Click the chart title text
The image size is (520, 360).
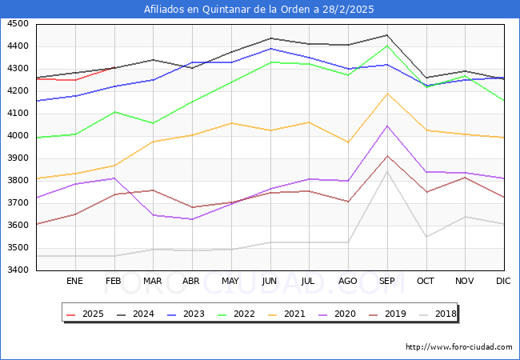pos(259,10)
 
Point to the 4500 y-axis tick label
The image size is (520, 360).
pos(18,24)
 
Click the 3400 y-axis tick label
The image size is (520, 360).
pos(18,270)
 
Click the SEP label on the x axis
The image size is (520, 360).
pos(387,281)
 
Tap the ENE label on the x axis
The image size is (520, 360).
pos(74,281)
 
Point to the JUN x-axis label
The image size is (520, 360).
pos(270,281)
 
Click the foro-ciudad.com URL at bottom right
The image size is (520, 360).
pos(458,347)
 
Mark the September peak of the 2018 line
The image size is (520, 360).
pos(387,171)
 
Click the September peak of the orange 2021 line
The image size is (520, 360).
pos(387,94)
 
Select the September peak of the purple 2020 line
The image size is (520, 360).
pos(387,126)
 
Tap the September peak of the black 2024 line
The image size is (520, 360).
pos(387,35)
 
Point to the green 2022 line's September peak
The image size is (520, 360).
pos(387,46)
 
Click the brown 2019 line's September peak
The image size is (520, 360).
pos(387,156)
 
